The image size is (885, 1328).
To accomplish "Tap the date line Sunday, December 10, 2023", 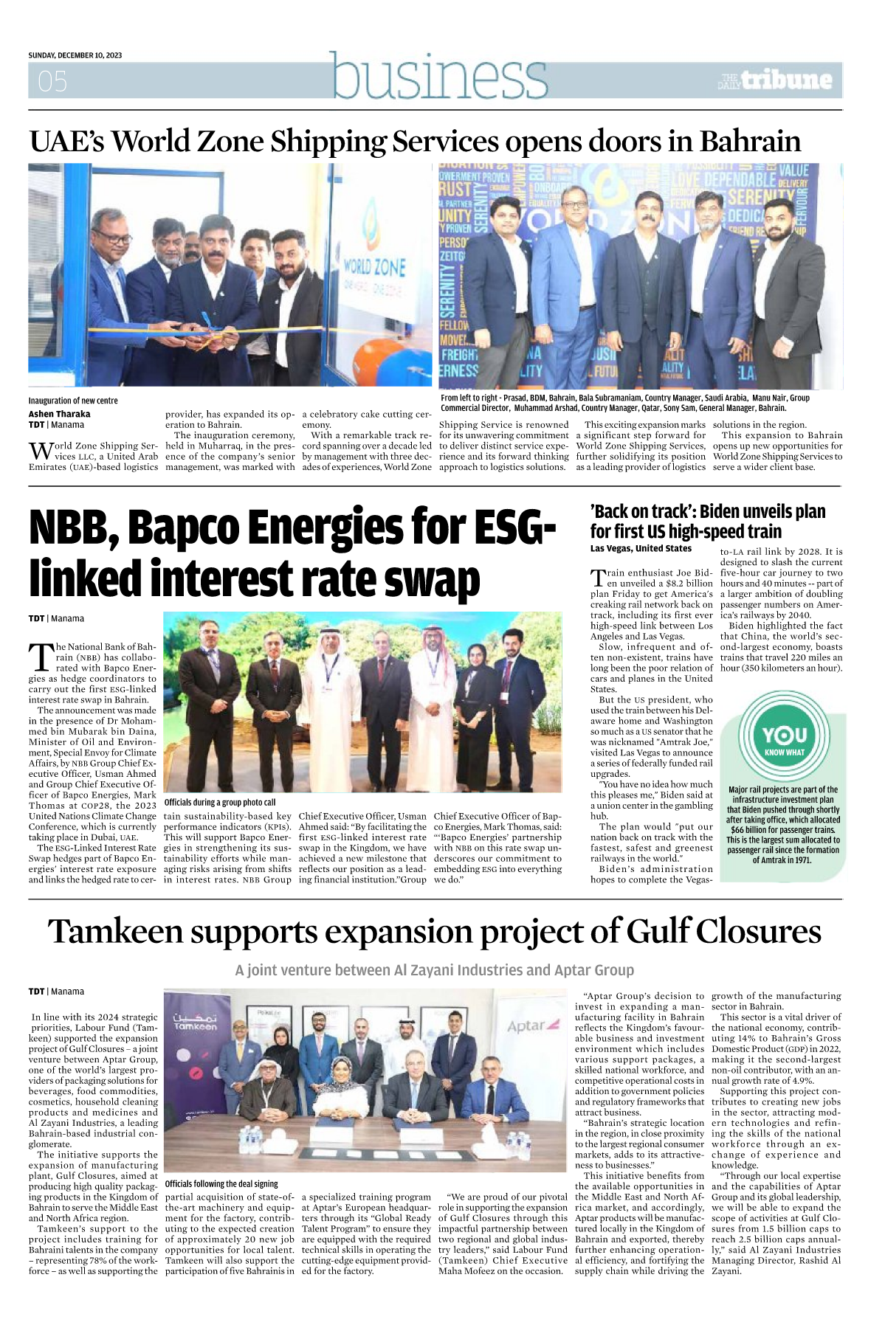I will [x=75, y=55].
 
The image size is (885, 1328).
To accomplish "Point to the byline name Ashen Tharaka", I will [x=59, y=414].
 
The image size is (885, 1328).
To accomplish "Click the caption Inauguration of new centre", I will [x=73, y=401].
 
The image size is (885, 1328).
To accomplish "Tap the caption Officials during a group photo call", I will [x=220, y=802].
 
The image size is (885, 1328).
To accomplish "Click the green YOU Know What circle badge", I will [x=784, y=739].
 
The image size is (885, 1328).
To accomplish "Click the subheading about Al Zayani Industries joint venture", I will [x=434, y=970].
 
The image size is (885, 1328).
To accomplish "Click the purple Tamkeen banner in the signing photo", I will [x=195, y=1062].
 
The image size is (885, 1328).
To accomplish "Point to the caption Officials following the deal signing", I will [x=221, y=1183].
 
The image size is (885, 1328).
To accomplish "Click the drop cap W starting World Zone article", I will [x=40, y=451].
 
